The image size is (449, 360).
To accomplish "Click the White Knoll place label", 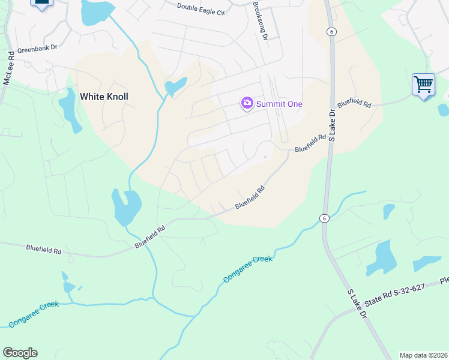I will point(104,96).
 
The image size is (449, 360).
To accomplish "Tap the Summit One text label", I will point(279,104).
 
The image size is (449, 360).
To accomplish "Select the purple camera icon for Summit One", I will point(247,104).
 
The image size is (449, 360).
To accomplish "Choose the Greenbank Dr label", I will point(37,51).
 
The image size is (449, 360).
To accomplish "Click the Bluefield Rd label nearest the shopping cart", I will point(354,103).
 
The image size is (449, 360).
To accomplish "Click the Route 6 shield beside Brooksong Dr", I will point(331,32).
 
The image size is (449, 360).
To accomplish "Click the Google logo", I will point(20,353).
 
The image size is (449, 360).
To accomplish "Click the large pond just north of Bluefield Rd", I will point(125,207).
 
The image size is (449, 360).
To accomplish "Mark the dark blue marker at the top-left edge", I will point(41,4).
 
